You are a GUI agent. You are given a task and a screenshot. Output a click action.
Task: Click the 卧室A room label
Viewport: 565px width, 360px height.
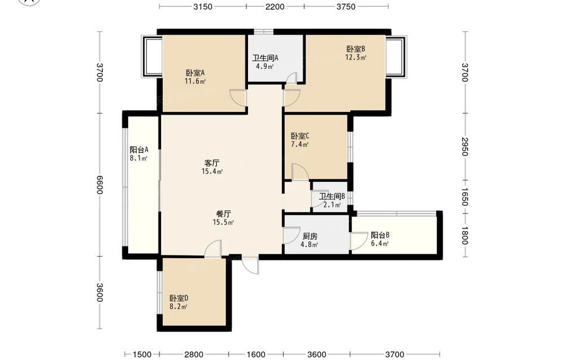click(x=195, y=73)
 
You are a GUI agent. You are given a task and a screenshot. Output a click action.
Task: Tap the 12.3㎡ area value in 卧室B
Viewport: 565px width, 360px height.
click(x=356, y=57)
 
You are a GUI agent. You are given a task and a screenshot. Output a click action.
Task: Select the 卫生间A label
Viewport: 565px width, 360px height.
click(x=265, y=58)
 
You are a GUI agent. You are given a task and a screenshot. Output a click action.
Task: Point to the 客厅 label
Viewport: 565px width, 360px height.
click(x=212, y=163)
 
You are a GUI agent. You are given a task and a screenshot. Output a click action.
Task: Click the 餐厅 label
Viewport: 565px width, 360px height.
click(x=223, y=214)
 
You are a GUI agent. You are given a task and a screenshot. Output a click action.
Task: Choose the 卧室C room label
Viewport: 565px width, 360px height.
click(x=300, y=136)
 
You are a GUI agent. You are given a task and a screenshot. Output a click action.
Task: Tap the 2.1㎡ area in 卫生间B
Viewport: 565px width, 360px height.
click(x=332, y=205)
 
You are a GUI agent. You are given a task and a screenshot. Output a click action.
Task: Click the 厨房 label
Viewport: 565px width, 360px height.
click(x=310, y=236)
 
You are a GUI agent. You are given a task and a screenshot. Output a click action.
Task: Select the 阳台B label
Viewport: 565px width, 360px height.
click(x=380, y=235)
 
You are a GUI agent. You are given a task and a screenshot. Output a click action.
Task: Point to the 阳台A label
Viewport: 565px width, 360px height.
click(x=139, y=150)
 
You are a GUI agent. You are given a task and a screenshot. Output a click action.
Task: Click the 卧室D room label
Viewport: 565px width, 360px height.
click(x=179, y=298)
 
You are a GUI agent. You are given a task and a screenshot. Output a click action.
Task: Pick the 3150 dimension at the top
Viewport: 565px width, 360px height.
click(x=203, y=6)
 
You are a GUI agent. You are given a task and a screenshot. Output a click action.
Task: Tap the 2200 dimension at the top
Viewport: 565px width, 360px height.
click(x=275, y=6)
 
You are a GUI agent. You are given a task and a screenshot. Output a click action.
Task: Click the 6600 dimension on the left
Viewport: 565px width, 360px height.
click(x=100, y=184)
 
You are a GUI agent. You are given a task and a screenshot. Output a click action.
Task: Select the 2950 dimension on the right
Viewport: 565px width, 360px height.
click(x=465, y=147)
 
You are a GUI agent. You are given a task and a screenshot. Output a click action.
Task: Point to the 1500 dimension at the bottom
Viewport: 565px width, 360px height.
click(x=142, y=354)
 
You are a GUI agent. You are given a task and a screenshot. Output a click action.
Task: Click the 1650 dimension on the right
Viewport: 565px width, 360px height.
click(x=465, y=197)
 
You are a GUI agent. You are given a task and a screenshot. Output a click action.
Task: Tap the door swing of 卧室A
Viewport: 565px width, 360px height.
click(x=238, y=98)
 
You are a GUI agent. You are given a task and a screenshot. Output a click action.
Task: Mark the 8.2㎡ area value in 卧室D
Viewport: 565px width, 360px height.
click(x=179, y=307)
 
